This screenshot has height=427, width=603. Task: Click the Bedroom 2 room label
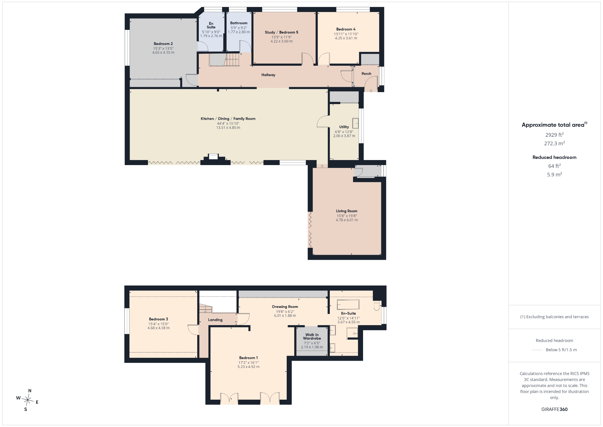[163, 44]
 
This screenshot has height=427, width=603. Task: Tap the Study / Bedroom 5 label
[281, 32]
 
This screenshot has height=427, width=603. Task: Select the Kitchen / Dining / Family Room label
[228, 119]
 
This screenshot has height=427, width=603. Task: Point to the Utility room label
[344, 127]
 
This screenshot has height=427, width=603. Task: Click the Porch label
[366, 74]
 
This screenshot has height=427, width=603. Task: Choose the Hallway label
[268, 75]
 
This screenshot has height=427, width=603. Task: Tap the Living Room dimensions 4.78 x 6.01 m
[347, 220]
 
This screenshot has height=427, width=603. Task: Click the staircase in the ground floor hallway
[232, 60]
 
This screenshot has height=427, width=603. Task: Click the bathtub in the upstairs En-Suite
[348, 305]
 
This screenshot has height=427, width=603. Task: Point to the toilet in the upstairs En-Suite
[377, 306]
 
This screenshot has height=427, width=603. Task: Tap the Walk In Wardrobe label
[312, 336]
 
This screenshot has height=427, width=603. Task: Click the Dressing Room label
[285, 307]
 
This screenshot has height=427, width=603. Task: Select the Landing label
[215, 320]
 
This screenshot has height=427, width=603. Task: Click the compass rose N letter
[30, 391]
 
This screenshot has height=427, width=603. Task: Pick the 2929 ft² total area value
[554, 135]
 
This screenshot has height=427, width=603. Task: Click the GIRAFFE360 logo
[554, 409]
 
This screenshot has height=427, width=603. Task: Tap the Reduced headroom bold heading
[554, 157]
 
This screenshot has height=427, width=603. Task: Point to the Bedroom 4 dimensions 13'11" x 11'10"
[346, 34]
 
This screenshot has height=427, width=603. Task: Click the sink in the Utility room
[355, 123]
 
